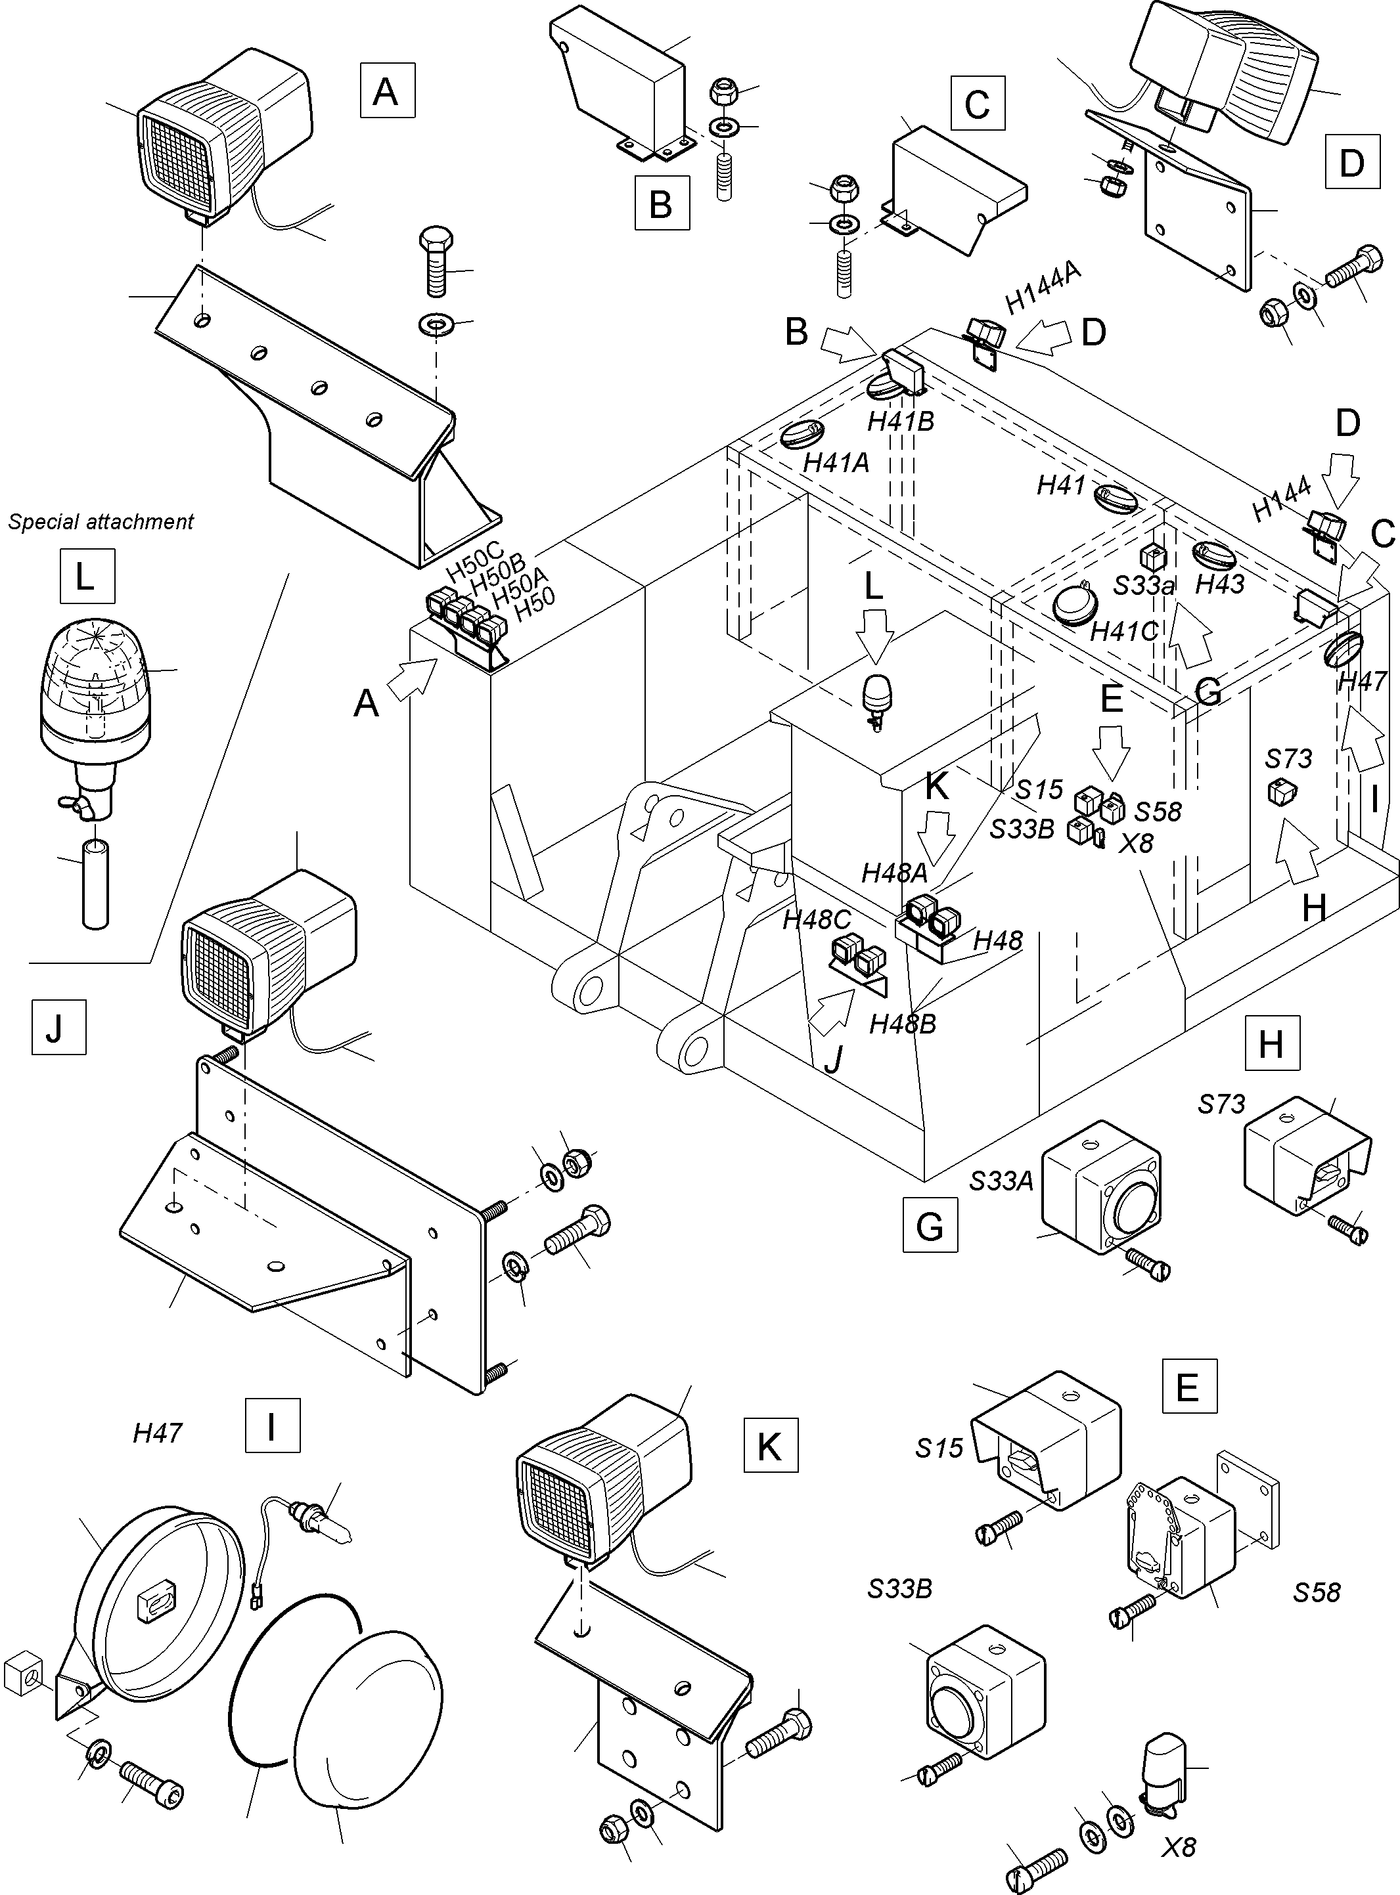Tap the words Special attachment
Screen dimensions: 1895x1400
[x=101, y=522]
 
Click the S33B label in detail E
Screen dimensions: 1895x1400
[x=899, y=1589]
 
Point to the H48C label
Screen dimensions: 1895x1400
[x=816, y=920]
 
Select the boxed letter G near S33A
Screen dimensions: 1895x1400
[x=930, y=1226]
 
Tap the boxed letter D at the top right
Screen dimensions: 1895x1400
[x=1351, y=161]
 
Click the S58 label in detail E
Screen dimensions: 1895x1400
[x=1316, y=1592]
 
